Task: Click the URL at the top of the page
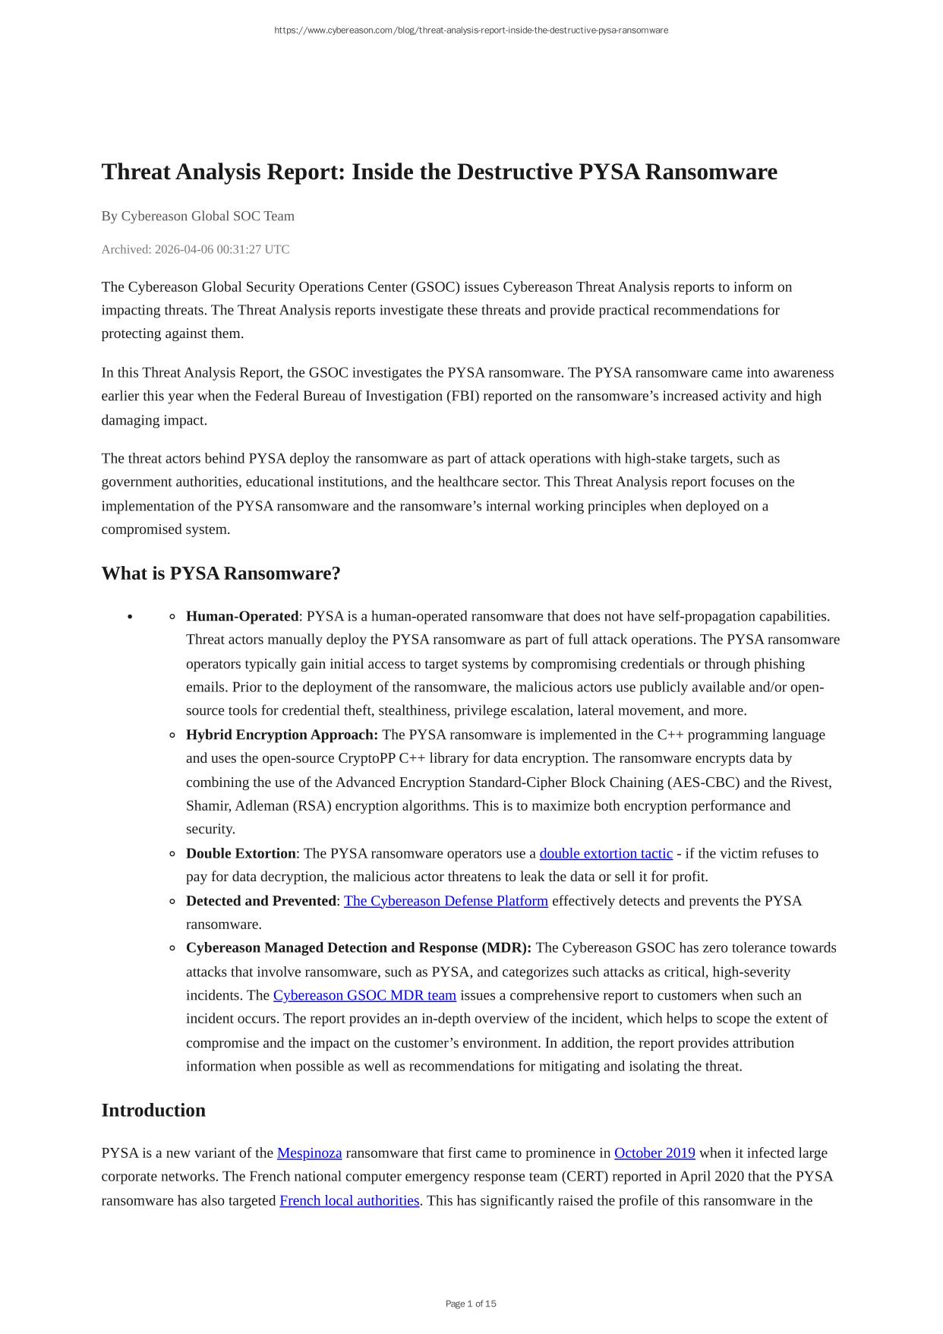click(x=471, y=30)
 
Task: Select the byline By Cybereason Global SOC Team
click(x=198, y=217)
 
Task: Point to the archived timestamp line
click(x=195, y=250)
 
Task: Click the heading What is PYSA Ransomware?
click(x=221, y=574)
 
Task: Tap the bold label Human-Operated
click(x=242, y=616)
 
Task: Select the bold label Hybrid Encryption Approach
click(x=282, y=735)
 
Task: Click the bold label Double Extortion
click(x=241, y=853)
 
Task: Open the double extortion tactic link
click(x=606, y=853)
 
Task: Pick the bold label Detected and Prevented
click(x=260, y=901)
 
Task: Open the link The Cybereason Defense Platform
click(x=446, y=901)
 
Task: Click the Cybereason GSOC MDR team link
click(x=364, y=995)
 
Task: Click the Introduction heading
click(x=153, y=1111)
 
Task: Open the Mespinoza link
click(x=309, y=1153)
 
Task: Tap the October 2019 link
click(x=654, y=1153)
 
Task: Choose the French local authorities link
click(x=349, y=1201)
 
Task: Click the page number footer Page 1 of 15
click(x=471, y=1304)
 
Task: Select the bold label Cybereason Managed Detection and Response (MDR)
click(x=358, y=948)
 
